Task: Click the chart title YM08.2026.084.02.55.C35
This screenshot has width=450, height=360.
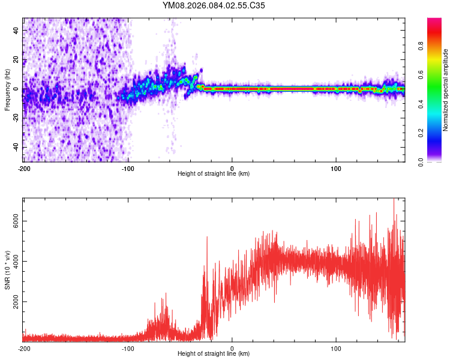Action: pos(214,5)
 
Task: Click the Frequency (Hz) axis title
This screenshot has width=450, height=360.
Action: pos(7,89)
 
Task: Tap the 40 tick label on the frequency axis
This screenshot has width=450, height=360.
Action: pos(17,30)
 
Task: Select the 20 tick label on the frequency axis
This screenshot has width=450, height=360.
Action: pos(17,59)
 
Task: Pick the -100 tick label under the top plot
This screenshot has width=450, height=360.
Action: pos(128,168)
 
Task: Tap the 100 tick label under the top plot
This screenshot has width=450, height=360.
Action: pos(337,168)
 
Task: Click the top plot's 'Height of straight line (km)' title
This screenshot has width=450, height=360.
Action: pos(214,174)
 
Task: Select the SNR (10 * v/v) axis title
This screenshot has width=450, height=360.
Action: pos(7,269)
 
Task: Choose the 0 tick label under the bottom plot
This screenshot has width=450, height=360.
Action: pos(232,349)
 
